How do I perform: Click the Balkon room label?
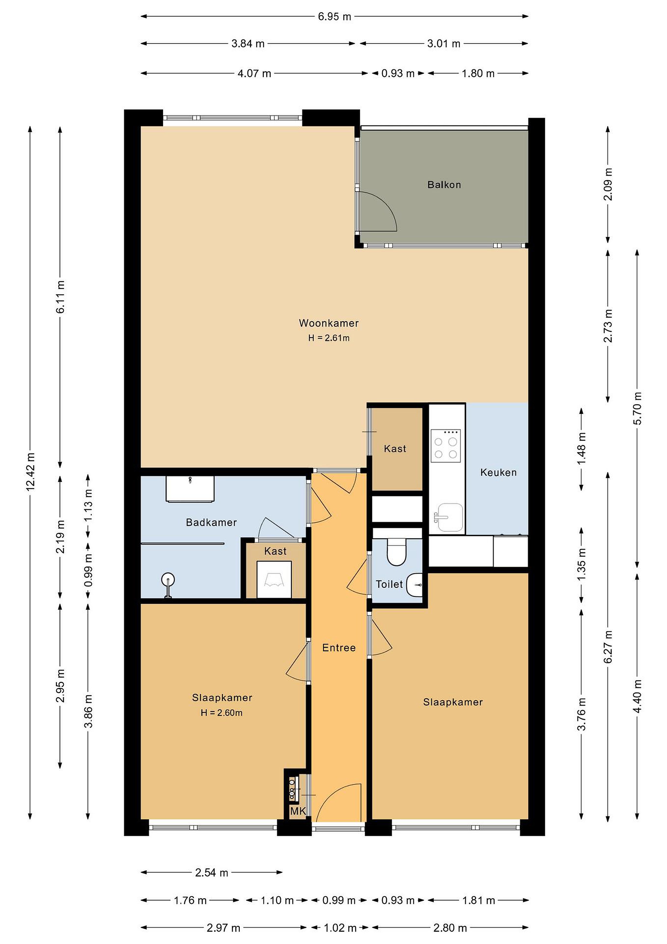pyautogui.click(x=444, y=185)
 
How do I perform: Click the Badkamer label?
pyautogui.click(x=211, y=522)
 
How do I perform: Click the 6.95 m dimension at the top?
pyautogui.click(x=334, y=16)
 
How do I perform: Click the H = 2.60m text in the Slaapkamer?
pyautogui.click(x=221, y=713)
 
